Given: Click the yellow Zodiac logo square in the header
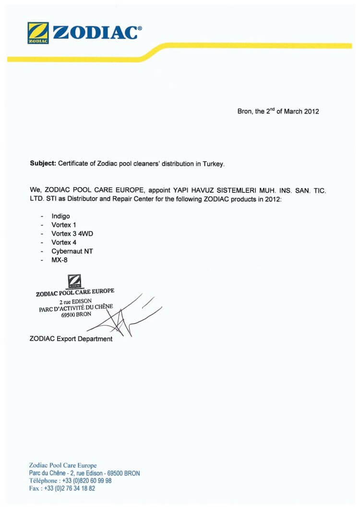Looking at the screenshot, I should point(38,33).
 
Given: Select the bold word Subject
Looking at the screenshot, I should point(42,164).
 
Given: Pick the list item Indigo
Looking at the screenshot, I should point(60,216).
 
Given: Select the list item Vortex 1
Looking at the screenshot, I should point(64,225).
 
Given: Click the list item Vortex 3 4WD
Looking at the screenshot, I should point(69,234).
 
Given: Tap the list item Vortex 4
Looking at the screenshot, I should point(64,242).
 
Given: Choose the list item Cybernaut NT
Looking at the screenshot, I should point(72,251).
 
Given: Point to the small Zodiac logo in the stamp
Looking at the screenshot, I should point(74,281).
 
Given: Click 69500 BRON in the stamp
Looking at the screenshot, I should point(76,315).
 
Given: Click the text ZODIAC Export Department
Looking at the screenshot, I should point(71,339).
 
